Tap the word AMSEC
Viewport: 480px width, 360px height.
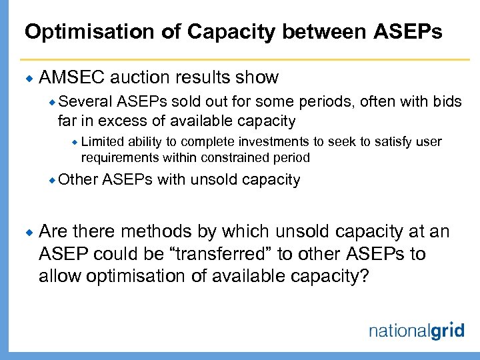click(x=73, y=77)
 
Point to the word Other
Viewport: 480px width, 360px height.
click(x=78, y=179)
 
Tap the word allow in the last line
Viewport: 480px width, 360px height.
click(x=59, y=276)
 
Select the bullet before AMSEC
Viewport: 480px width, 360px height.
click(x=29, y=78)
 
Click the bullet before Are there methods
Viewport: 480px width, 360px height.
click(x=29, y=232)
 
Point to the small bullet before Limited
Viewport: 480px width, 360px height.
click(x=75, y=142)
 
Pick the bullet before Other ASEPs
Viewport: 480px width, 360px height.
click(x=52, y=180)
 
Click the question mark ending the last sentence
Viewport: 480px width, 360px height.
click(x=363, y=276)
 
